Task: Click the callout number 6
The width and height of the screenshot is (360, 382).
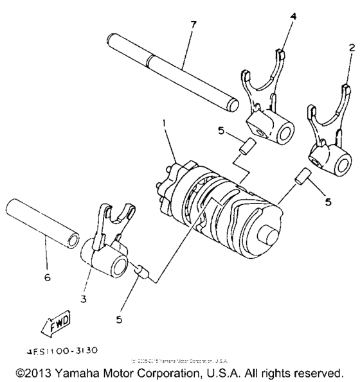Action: [47, 279]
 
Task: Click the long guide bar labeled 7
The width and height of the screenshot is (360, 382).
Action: [170, 70]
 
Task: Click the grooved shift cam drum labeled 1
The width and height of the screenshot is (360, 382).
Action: [219, 205]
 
